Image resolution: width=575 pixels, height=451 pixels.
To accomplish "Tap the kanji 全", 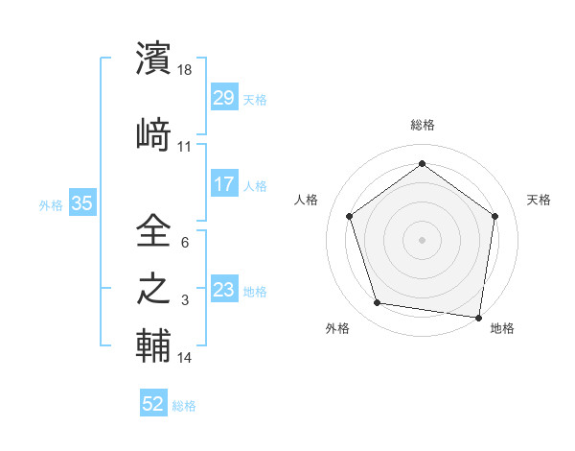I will tap(154, 231).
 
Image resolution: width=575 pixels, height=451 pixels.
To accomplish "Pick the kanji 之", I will tap(154, 289).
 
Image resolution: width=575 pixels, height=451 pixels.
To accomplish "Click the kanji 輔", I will tap(154, 344).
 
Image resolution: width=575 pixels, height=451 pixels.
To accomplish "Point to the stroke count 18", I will tap(186, 70).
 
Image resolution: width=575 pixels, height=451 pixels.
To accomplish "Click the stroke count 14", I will tap(185, 358).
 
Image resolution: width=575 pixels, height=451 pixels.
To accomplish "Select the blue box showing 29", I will tap(223, 98).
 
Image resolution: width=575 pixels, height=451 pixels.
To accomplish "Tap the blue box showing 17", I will tap(223, 184).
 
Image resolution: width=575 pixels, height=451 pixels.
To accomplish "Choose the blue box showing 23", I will tap(223, 290).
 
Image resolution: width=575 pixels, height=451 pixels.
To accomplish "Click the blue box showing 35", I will tap(82, 203).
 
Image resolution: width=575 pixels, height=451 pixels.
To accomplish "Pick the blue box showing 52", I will tap(153, 405).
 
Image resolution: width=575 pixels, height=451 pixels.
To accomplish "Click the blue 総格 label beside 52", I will tap(184, 406).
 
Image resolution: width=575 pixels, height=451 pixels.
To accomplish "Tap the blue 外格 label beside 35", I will tap(51, 204).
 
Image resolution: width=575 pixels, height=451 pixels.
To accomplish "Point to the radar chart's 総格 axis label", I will tap(423, 125).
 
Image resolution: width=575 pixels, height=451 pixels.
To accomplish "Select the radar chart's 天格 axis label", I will tap(539, 200).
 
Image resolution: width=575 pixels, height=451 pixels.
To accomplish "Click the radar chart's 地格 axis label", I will tap(502, 328).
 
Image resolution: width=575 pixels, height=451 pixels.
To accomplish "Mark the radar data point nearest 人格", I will tap(349, 216).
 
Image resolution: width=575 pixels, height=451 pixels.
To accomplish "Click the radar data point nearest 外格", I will tap(378, 303).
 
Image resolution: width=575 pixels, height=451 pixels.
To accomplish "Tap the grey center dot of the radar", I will tap(423, 239).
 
